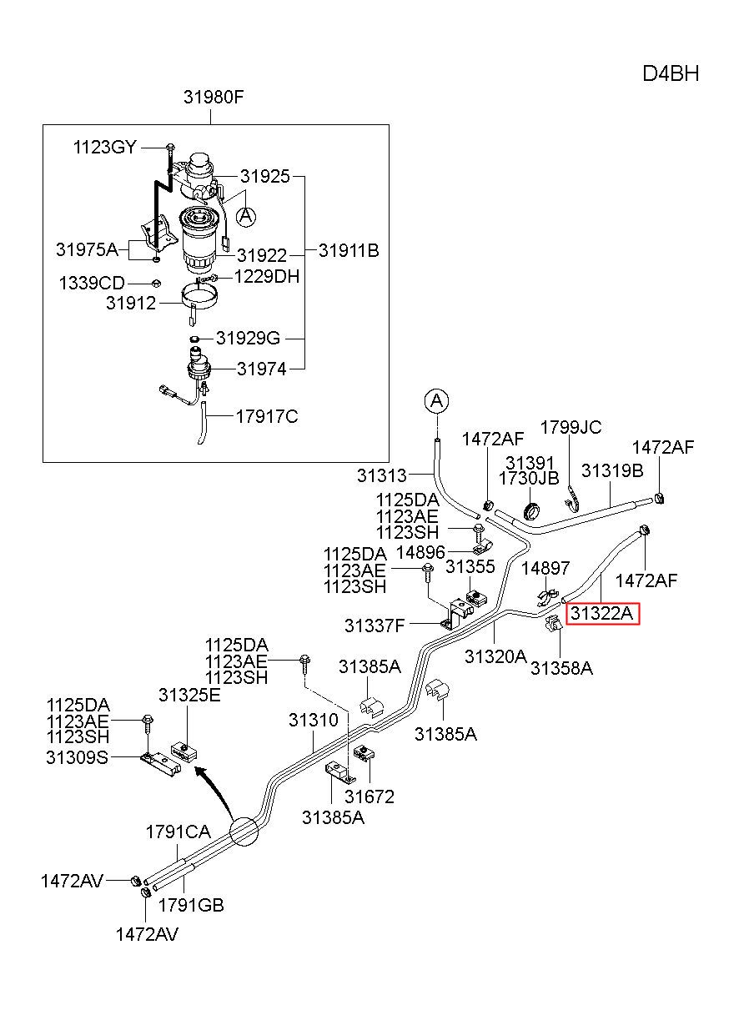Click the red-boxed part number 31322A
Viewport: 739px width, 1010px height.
[602, 613]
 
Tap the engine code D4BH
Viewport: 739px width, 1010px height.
[671, 73]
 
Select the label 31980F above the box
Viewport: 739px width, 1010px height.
[214, 97]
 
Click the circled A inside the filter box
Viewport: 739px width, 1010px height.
[246, 217]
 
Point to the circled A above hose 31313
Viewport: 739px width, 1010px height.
[436, 400]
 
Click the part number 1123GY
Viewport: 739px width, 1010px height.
[104, 148]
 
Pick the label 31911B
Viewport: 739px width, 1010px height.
[349, 250]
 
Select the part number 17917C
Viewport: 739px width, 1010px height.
[267, 417]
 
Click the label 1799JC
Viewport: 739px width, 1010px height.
[571, 427]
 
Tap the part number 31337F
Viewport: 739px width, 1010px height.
[375, 626]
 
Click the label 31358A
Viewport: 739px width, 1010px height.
[561, 668]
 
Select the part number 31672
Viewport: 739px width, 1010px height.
[369, 796]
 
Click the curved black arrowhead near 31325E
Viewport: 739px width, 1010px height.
[202, 772]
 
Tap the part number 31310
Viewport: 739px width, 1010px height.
[314, 720]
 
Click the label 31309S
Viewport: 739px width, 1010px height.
[77, 757]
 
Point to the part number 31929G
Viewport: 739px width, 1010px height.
[248, 338]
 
